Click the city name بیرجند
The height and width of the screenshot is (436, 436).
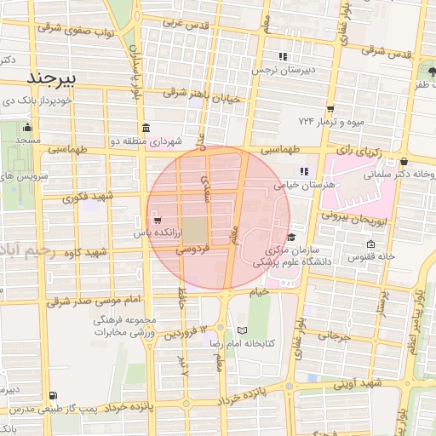coord(53,79)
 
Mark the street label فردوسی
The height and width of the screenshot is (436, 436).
coord(193,250)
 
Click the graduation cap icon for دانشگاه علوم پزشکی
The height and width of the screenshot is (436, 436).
coord(292,238)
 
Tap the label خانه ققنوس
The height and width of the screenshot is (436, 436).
coord(375,255)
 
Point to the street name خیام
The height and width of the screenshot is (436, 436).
coord(259,292)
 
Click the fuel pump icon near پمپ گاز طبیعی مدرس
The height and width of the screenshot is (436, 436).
coord(54,396)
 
